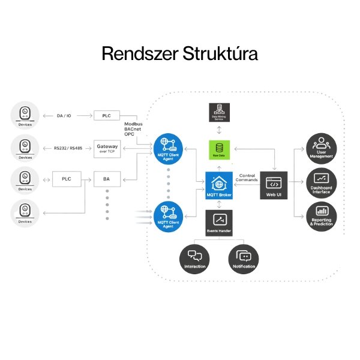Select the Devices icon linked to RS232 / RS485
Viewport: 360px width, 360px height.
[x=25, y=146]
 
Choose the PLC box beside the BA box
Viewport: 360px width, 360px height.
[x=67, y=179]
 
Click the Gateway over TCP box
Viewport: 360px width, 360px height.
[x=107, y=148]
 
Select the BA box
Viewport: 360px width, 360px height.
[x=107, y=179]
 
